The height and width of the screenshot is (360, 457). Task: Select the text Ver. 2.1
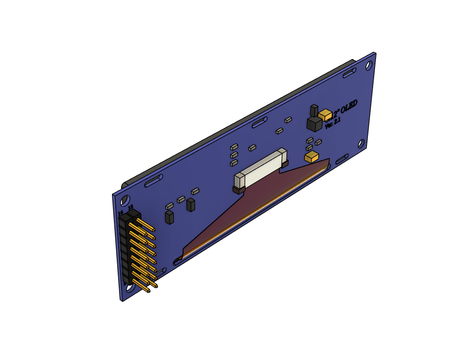click(333, 123)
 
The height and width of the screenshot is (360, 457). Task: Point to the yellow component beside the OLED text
click(326, 114)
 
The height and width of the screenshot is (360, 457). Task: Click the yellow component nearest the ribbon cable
click(311, 157)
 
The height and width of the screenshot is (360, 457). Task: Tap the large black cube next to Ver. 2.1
click(314, 124)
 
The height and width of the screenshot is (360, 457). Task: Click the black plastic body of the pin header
click(126, 248)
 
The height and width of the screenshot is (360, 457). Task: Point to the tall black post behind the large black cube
click(314, 111)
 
